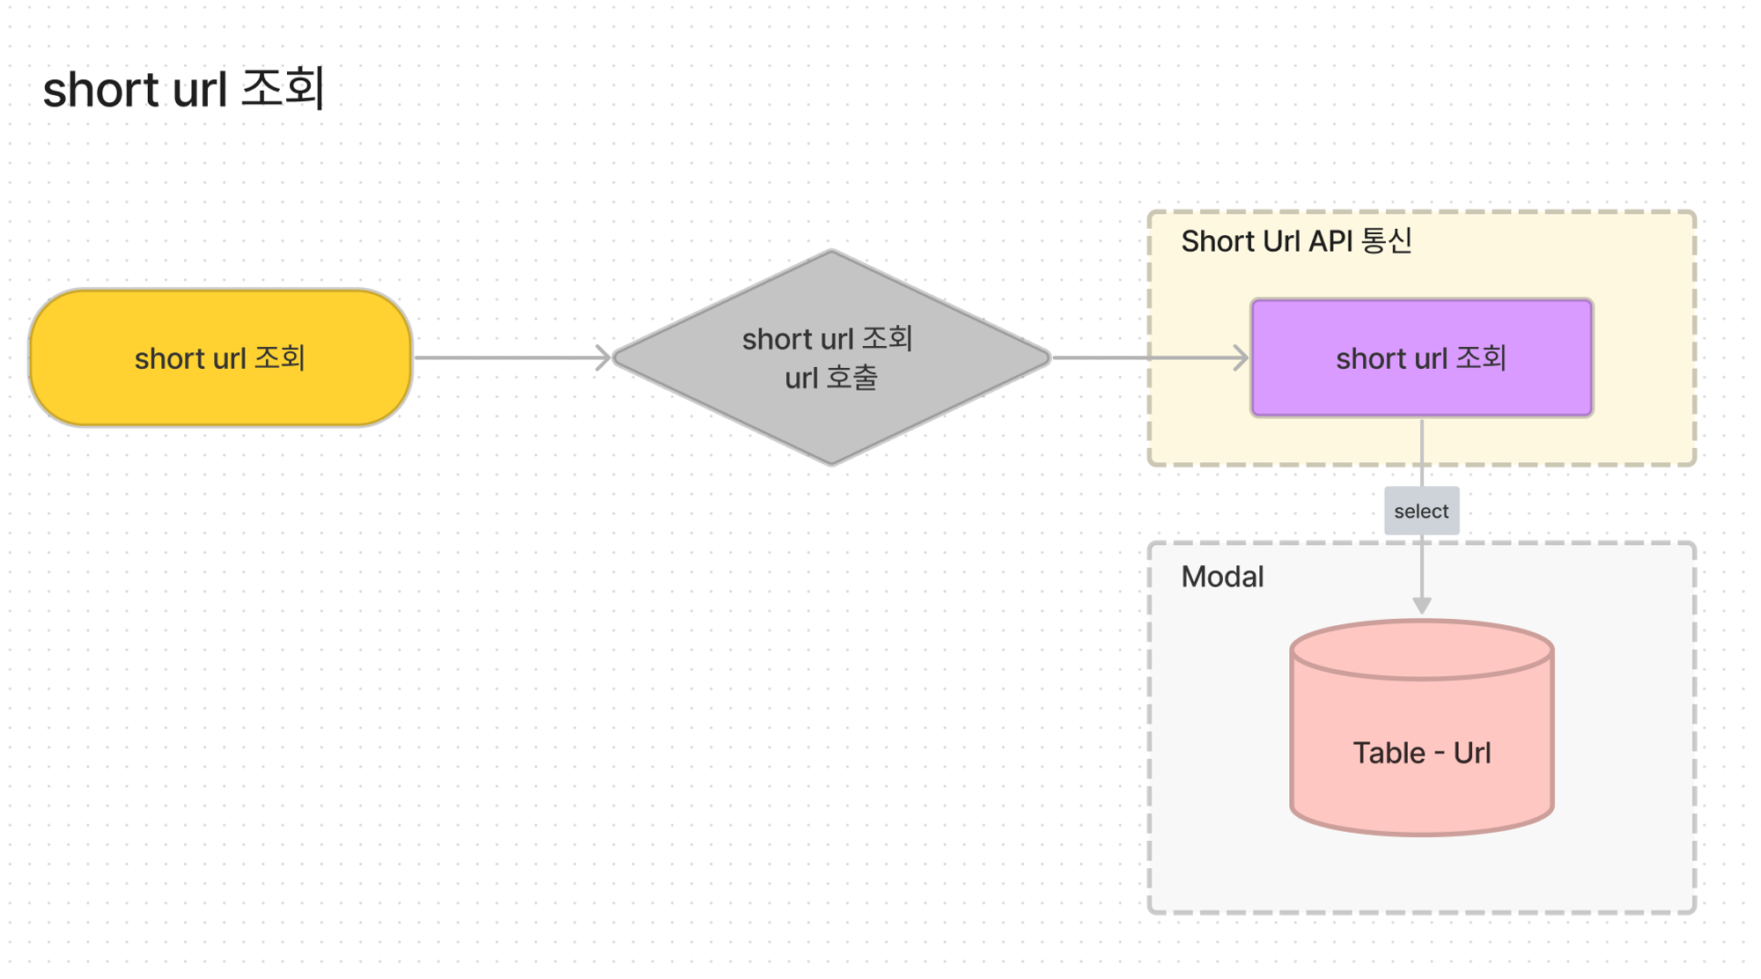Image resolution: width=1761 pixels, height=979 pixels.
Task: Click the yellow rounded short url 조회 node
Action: [220, 358]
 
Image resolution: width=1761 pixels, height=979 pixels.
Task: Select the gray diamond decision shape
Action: [831, 357]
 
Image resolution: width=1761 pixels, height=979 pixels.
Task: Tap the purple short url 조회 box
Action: [1421, 357]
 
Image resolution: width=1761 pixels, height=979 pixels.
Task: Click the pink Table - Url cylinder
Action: [1421, 727]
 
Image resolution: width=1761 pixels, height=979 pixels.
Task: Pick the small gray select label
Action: [1421, 511]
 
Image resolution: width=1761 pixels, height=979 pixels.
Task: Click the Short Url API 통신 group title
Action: [1296, 241]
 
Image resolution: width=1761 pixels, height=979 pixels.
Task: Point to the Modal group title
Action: [1222, 577]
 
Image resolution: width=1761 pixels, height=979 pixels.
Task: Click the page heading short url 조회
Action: [184, 89]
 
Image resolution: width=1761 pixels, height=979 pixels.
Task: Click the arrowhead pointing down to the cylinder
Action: [1421, 606]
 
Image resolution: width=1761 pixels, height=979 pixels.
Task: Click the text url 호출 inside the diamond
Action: [831, 378]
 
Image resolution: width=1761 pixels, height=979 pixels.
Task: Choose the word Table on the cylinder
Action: [1389, 753]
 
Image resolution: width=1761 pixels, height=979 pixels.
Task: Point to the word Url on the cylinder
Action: [1471, 753]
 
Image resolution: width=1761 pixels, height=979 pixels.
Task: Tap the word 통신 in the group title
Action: [1387, 241]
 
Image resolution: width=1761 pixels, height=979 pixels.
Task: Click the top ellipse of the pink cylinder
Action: [1421, 650]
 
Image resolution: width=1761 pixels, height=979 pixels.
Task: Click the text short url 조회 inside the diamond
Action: [828, 339]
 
